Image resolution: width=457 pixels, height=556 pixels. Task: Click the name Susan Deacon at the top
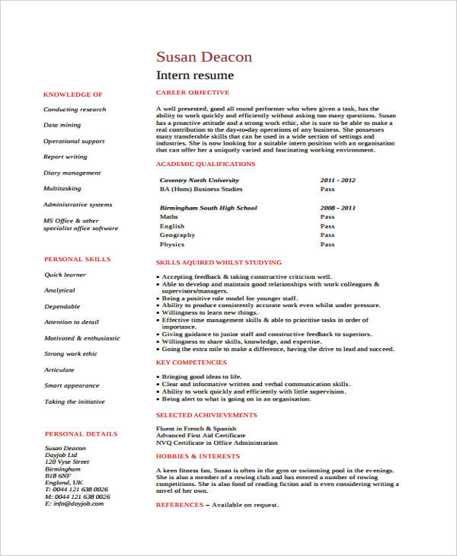coord(203,57)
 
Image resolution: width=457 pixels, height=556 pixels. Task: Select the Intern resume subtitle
coord(195,75)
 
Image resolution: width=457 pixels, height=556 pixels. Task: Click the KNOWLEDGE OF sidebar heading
coord(73,94)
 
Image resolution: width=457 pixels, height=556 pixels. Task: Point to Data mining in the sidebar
coord(62,125)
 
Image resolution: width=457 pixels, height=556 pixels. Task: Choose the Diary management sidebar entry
coord(72,173)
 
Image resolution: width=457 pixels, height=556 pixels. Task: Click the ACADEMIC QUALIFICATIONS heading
coord(205,164)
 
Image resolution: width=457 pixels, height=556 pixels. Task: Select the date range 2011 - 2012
coord(337,181)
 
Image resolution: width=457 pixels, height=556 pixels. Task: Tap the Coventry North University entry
coord(193,181)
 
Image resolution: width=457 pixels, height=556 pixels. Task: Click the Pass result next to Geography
coord(328,235)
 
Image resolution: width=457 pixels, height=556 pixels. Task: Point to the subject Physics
coord(172,244)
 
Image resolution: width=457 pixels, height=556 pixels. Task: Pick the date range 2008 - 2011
coord(337,208)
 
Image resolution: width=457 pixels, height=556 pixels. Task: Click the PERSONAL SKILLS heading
coord(77,259)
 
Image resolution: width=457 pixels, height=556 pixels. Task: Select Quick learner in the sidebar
coord(65,275)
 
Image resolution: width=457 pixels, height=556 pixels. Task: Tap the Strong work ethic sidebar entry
coord(71,354)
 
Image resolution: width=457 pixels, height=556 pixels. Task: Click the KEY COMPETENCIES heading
coord(191,363)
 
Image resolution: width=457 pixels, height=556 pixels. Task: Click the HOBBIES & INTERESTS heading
coord(197,456)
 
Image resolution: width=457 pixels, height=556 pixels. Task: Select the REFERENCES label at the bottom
coord(180,505)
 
